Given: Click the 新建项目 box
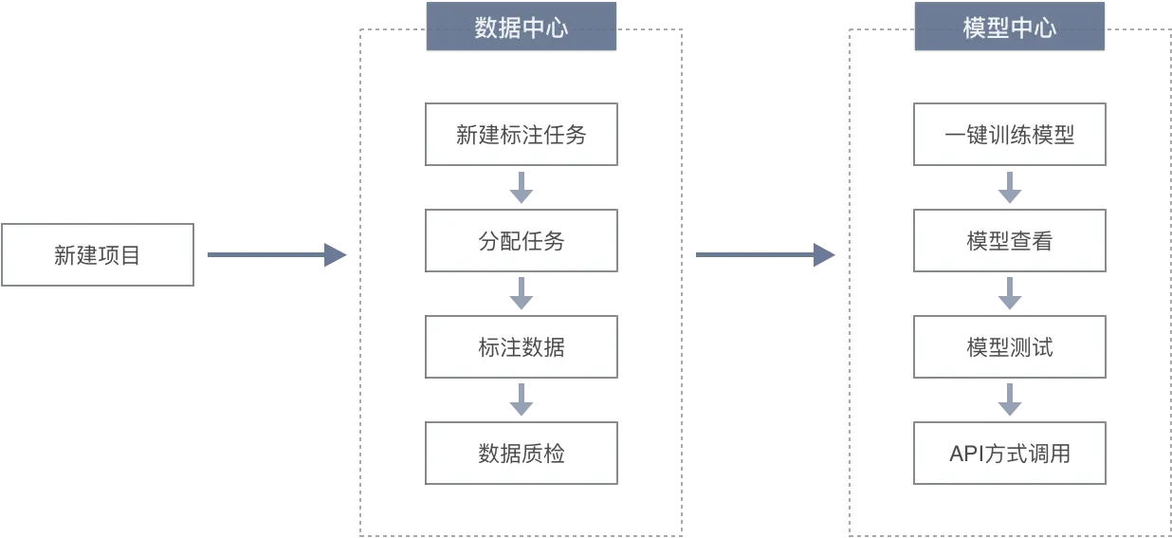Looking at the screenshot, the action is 98,255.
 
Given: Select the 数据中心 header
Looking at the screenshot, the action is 522,27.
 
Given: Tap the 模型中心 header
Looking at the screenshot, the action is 1009,27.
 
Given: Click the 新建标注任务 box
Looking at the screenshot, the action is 522,135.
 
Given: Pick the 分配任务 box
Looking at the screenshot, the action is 522,241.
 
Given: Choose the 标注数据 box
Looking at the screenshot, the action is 522,347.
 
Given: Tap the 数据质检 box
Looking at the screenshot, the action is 522,454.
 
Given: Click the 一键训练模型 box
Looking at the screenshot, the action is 1009,135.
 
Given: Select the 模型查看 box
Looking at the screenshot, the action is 1009,241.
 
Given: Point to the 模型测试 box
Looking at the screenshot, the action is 1009,347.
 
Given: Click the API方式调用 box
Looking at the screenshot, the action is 1009,454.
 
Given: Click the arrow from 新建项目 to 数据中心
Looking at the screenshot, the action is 277,255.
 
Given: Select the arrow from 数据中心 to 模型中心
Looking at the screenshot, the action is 765,255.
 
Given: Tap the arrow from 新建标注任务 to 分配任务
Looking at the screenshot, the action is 522,187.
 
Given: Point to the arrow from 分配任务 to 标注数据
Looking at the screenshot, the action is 522,293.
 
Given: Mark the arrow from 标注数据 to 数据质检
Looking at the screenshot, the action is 522,399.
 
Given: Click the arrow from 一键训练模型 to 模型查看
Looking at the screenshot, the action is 1010,187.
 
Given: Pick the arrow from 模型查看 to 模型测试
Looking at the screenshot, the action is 1010,293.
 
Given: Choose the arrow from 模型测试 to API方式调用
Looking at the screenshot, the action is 1010,399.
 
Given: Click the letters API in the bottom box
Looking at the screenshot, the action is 967,454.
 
